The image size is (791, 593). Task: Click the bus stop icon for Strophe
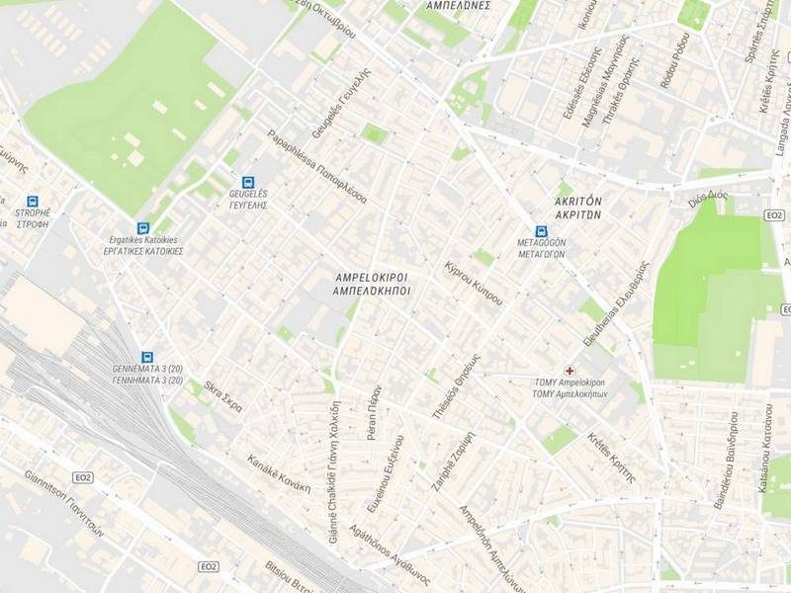pyautogui.click(x=33, y=200)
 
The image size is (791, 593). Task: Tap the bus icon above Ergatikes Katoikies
pyautogui.click(x=144, y=227)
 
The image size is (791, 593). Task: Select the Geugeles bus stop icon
pyautogui.click(x=247, y=183)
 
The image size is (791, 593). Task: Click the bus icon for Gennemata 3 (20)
pyautogui.click(x=147, y=357)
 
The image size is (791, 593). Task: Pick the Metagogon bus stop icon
pyautogui.click(x=540, y=230)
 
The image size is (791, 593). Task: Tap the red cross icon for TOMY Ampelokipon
pyautogui.click(x=569, y=370)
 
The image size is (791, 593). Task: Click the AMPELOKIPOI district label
pyautogui.click(x=372, y=285)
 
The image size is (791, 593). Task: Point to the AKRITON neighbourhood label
pyautogui.click(x=578, y=206)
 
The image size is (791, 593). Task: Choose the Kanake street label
pyautogui.click(x=280, y=473)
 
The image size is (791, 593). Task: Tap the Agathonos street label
pyautogui.click(x=390, y=555)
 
